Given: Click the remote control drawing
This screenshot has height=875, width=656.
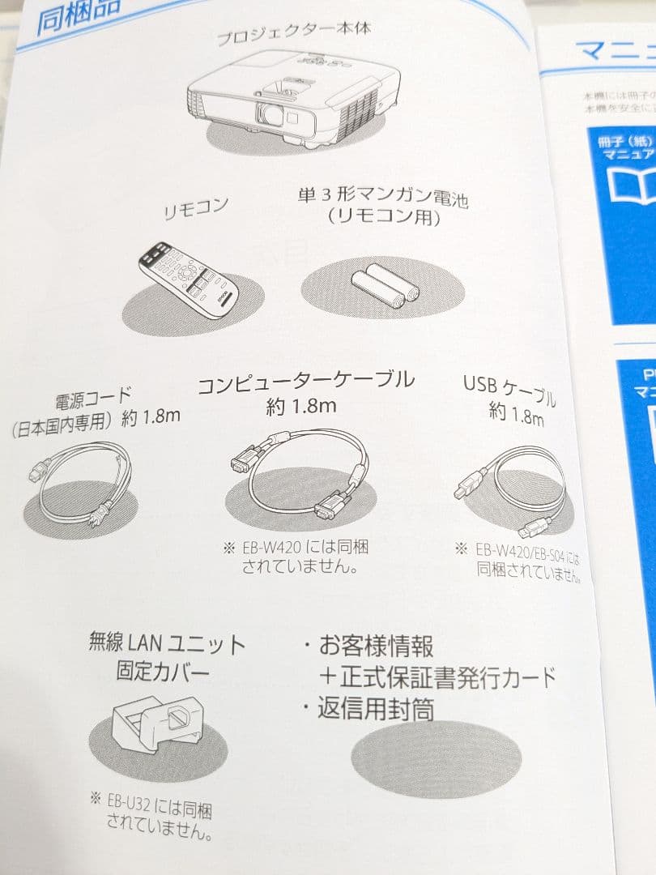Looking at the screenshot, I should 188,279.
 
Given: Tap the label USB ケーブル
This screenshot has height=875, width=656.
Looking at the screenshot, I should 510,388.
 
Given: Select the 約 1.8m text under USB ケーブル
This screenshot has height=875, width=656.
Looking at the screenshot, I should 516,416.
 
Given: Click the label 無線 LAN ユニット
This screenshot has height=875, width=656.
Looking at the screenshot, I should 167,645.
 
